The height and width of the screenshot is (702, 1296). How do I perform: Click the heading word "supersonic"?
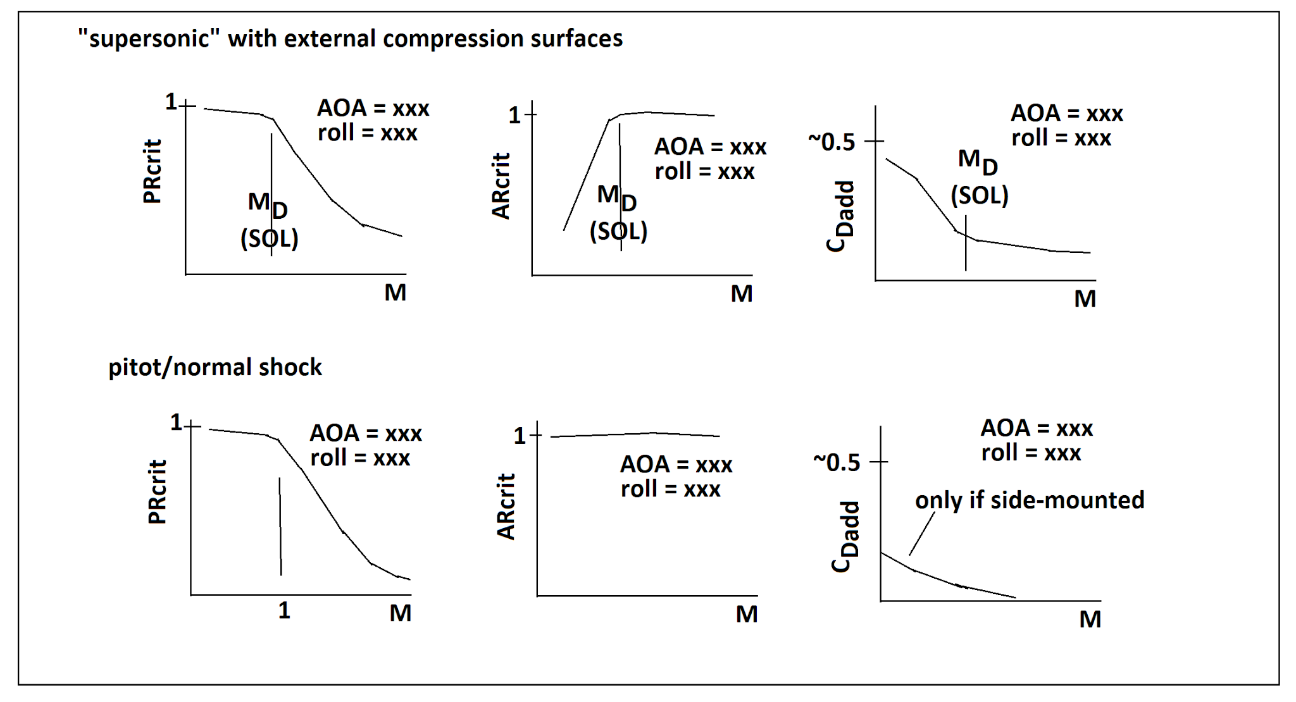pyautogui.click(x=149, y=39)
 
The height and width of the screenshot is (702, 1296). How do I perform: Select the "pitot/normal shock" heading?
pyautogui.click(x=215, y=367)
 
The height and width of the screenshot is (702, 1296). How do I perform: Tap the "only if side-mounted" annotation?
pyautogui.click(x=1030, y=500)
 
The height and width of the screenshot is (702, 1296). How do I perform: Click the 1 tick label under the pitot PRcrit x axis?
pyautogui.click(x=284, y=610)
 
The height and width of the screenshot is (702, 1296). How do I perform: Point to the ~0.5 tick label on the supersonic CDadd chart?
pyautogui.click(x=832, y=142)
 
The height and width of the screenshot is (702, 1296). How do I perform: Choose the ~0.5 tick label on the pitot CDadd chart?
pyautogui.click(x=837, y=463)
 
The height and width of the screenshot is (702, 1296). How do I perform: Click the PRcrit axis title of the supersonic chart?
pyautogui.click(x=153, y=171)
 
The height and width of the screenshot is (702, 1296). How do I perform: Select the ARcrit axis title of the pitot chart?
pyautogui.click(x=506, y=507)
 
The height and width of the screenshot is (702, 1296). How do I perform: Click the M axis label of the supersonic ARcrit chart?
pyautogui.click(x=742, y=294)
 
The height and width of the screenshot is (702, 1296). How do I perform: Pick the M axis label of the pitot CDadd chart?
pyautogui.click(x=1090, y=619)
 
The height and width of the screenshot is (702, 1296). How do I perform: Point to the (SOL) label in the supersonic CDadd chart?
pyautogui.click(x=979, y=195)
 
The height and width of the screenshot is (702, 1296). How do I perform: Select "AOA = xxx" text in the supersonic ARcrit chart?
pyautogui.click(x=710, y=147)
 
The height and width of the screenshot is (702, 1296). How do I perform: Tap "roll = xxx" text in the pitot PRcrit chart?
pyautogui.click(x=360, y=458)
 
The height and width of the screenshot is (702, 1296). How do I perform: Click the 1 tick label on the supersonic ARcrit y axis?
pyautogui.click(x=514, y=115)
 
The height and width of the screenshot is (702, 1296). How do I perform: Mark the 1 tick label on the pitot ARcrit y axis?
pyautogui.click(x=520, y=436)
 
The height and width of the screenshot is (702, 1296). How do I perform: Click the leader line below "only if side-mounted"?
pyautogui.click(x=921, y=534)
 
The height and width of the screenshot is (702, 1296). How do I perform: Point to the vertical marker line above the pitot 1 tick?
pyautogui.click(x=280, y=526)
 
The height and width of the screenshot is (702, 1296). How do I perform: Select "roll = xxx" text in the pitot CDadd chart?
pyautogui.click(x=1031, y=453)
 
